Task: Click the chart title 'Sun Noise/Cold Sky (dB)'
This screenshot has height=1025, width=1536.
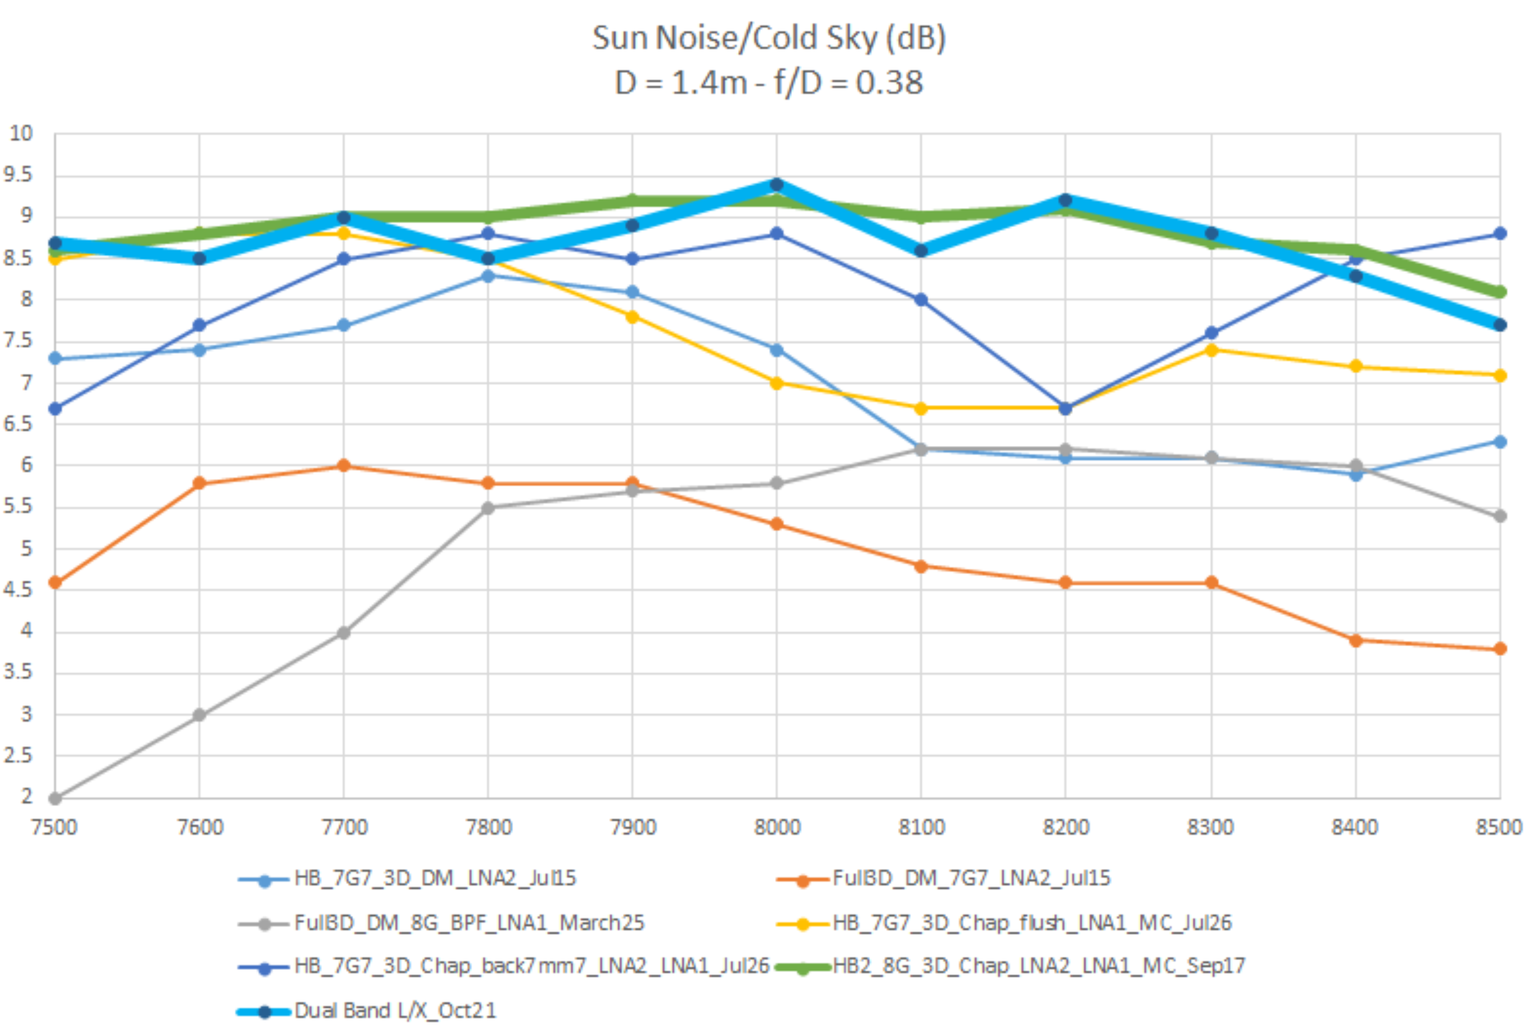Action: click(769, 38)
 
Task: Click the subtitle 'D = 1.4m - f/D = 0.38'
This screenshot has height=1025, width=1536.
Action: click(769, 83)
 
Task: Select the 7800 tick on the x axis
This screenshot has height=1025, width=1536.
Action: click(488, 827)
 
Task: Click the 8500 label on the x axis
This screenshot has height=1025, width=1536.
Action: click(1499, 827)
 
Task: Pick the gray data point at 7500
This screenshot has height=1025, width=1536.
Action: click(56, 798)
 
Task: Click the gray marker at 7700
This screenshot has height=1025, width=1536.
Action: click(344, 633)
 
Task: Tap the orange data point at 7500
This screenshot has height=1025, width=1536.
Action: click(56, 582)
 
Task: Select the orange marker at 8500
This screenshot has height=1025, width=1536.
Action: click(1500, 649)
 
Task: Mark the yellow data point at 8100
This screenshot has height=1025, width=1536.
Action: click(921, 409)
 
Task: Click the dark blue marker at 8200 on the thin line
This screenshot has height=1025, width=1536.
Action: click(1065, 409)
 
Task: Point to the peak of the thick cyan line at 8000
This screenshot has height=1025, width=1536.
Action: click(777, 185)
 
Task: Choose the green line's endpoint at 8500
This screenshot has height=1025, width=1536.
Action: click(1500, 292)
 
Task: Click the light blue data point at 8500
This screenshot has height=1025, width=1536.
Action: click(1500, 442)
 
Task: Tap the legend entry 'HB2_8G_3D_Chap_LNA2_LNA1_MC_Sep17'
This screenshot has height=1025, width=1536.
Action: click(1039, 966)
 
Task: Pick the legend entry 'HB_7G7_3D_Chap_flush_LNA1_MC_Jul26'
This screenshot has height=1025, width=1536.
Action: click(1032, 923)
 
